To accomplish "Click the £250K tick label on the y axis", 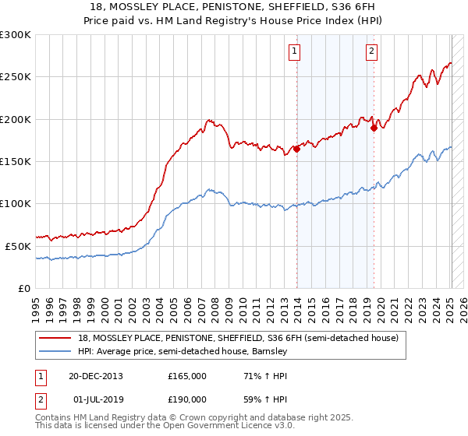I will tap(15, 77).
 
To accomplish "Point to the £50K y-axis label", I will tap(17, 246).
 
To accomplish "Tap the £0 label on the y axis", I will tap(23, 288).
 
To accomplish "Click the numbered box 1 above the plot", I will tap(295, 52).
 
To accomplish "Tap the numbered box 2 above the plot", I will tap(371, 52).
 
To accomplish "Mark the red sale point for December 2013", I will tap(296, 149).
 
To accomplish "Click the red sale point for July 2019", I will tap(374, 128).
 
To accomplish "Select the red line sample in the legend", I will tap(56, 338).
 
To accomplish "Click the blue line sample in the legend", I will tap(56, 352).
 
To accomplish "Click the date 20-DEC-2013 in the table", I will tap(94, 376).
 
